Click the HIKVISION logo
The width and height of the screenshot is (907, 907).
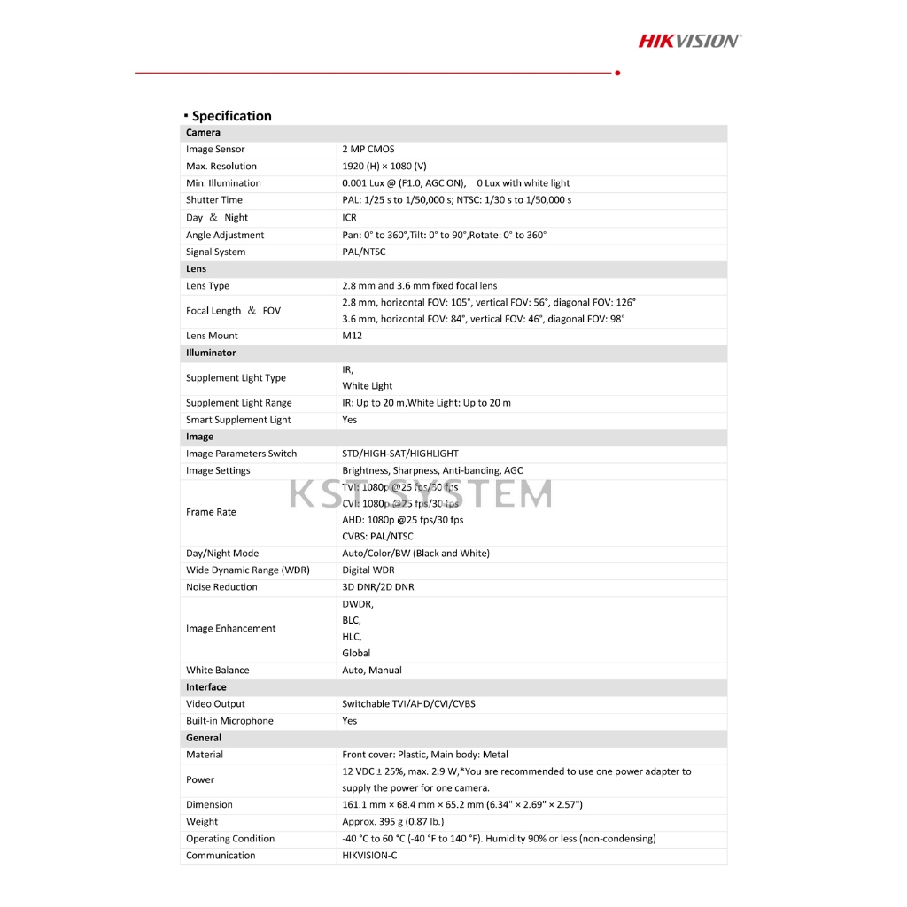[690, 40]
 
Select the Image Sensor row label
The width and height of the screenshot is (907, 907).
[215, 150]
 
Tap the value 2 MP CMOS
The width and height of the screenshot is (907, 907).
[368, 150]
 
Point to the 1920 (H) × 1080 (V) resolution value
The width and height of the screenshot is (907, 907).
[384, 167]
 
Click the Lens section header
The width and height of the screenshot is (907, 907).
[196, 268]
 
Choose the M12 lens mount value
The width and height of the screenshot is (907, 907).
[353, 336]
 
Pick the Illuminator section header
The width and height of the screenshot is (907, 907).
[211, 353]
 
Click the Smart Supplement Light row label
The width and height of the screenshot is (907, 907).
[238, 420]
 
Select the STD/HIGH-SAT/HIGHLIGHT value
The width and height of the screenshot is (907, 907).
[400, 453]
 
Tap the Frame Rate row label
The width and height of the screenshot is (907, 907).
[211, 512]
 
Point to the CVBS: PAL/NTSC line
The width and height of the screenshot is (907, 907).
[377, 537]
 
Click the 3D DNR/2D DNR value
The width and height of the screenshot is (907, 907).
[378, 587]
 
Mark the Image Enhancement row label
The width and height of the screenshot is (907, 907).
[230, 629]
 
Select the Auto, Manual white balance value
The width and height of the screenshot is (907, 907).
[372, 671]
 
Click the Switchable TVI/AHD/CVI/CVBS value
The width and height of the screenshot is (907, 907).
[408, 704]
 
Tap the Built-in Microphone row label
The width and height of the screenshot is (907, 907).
[229, 721]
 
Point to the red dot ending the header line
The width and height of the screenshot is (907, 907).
[617, 73]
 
